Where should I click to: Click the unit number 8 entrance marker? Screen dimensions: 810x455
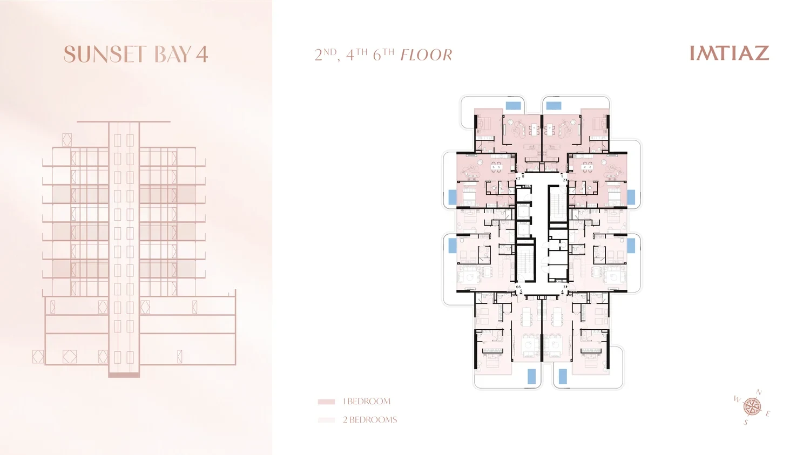point(523,176)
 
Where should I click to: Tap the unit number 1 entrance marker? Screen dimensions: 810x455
point(562,176)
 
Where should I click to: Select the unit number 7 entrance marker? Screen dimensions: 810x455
point(518,179)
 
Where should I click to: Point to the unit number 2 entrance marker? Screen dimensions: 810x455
point(564,180)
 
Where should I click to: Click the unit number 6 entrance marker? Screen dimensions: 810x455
point(518,287)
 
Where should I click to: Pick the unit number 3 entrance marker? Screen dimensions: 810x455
point(565,287)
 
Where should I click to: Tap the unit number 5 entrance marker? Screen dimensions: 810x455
point(521,291)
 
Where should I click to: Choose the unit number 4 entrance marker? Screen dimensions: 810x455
point(562,291)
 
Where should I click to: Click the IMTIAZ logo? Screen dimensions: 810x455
point(730,53)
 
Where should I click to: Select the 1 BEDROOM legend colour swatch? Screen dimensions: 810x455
point(326,402)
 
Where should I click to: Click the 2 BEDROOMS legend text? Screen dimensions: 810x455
point(369,420)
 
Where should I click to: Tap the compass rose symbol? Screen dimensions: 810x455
point(752,407)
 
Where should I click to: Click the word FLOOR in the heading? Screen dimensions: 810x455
point(427,55)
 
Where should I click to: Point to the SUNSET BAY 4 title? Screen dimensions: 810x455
point(136,54)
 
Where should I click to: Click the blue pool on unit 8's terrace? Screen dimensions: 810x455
point(513,106)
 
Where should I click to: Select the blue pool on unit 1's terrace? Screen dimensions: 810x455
point(553,106)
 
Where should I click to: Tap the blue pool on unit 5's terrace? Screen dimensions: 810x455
point(531,377)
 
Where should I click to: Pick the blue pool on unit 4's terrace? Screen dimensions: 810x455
point(563,377)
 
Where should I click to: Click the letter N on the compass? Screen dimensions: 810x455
point(759,392)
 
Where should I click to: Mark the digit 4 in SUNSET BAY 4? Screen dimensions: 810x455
point(202,55)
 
